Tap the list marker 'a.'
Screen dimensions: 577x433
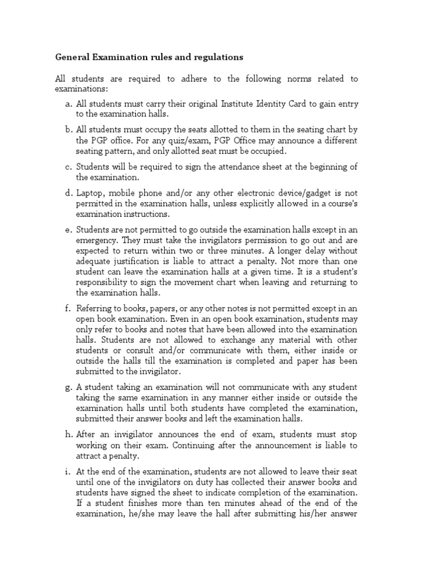tap(69, 104)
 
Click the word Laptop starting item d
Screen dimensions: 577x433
tap(91, 193)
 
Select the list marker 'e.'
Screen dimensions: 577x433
tap(69, 229)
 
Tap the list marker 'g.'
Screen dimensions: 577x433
tap(69, 387)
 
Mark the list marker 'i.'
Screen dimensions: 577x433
tap(69, 471)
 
